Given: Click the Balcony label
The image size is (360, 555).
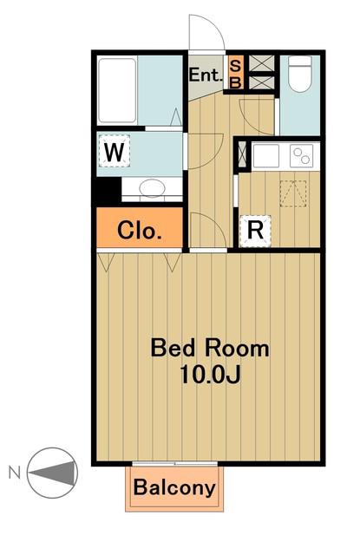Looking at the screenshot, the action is click(x=174, y=487).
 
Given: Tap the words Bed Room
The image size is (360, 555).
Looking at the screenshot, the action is click(x=210, y=348).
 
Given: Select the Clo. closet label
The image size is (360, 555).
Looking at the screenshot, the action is click(x=139, y=230).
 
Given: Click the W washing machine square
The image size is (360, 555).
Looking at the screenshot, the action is click(x=114, y=152).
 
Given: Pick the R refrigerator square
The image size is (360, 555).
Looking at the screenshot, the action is click(x=255, y=231).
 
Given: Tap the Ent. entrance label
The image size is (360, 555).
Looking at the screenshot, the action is click(x=206, y=75).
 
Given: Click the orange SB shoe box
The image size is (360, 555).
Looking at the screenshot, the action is click(x=235, y=73).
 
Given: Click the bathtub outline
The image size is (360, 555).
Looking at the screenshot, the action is click(x=117, y=90).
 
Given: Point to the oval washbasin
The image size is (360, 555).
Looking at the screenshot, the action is click(x=152, y=187).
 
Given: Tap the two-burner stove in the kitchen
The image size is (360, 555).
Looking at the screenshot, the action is click(x=302, y=156).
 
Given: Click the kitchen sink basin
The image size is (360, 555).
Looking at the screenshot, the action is click(x=266, y=156).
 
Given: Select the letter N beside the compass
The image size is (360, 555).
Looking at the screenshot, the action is click(x=15, y=473).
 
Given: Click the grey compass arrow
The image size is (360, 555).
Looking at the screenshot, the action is click(x=53, y=473).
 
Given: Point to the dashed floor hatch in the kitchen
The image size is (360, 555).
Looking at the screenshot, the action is click(x=293, y=193).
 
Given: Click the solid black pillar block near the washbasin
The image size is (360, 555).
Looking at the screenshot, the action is click(x=108, y=190).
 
